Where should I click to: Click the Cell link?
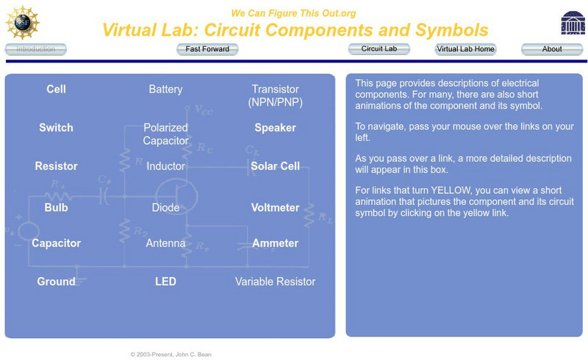56,89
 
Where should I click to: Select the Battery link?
165,89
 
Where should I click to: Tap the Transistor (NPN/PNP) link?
275,96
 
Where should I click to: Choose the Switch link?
56,127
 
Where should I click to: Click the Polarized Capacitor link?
165,134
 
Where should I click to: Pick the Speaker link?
275,127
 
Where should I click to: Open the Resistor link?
56,166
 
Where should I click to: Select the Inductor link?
165,166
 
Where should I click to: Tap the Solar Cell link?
275,166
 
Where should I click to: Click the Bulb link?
56,207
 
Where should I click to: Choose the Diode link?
165,207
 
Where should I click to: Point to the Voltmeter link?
275,207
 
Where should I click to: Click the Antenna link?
165,243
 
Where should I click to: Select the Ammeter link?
275,243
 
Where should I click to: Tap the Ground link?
56,281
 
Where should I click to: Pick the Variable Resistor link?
275,281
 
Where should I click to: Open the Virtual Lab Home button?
465,49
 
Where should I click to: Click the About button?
552,49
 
